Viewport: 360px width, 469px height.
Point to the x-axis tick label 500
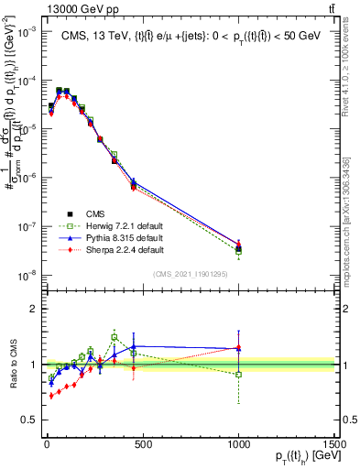[142, 440]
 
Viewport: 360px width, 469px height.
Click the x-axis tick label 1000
[238, 440]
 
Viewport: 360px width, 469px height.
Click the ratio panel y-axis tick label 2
[32, 309]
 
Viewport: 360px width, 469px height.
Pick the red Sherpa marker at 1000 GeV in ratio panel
[239, 347]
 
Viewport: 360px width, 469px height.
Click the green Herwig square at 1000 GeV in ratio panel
[239, 375]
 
